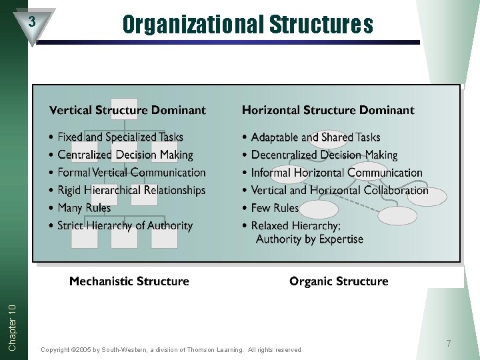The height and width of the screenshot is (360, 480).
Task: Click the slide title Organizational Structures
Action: (x=247, y=25)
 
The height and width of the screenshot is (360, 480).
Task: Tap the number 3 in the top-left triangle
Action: (x=31, y=21)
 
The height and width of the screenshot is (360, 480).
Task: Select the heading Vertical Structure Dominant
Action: (x=127, y=110)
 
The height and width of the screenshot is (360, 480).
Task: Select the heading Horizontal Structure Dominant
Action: (x=327, y=110)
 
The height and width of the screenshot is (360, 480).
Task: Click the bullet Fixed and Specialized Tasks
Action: (x=120, y=137)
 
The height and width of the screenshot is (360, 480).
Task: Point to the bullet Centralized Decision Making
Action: (x=125, y=155)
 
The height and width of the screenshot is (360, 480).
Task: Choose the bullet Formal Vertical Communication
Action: (x=131, y=173)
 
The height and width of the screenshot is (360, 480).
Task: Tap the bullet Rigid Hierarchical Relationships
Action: (x=131, y=190)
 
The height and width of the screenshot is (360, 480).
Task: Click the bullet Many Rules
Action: (x=84, y=208)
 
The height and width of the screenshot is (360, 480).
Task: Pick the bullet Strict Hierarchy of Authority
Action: (x=125, y=225)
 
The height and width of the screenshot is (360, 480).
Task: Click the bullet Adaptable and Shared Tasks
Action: (x=315, y=137)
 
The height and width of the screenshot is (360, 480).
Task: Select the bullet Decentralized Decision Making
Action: (x=324, y=155)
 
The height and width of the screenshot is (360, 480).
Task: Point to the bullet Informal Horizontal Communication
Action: (x=337, y=173)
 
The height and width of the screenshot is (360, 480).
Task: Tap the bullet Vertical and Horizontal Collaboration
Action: (x=339, y=190)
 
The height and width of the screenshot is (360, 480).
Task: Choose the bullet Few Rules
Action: (x=275, y=208)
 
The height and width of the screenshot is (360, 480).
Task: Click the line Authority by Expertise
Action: (x=309, y=239)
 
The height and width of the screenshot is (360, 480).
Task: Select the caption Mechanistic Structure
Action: (x=129, y=281)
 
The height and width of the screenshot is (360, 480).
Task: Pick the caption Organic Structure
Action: (x=339, y=281)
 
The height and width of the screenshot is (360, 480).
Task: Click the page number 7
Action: (x=449, y=343)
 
